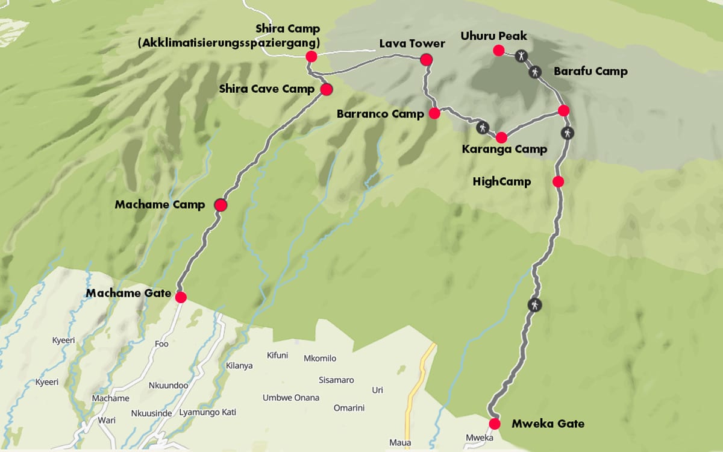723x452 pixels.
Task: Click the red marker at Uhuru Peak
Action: tap(498, 51)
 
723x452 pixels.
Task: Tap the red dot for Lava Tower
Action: tap(426, 59)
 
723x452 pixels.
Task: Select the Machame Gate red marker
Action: tap(181, 297)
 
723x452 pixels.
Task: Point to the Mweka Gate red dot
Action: tap(495, 424)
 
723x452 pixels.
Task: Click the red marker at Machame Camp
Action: tap(221, 205)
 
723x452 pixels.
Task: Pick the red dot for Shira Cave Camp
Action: tap(326, 90)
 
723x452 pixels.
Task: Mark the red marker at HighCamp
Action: tap(558, 181)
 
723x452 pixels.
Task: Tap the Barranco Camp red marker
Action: tap(434, 113)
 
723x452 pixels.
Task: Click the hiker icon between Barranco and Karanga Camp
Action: tap(483, 127)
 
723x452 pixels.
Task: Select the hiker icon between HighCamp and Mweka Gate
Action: tap(534, 304)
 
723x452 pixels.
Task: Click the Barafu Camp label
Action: tap(590, 71)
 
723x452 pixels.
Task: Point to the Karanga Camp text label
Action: tap(504, 149)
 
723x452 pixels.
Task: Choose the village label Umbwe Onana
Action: tap(291, 398)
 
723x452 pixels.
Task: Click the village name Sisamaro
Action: tap(336, 380)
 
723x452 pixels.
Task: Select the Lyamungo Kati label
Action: tap(208, 413)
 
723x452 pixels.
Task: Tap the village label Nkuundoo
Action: tap(168, 386)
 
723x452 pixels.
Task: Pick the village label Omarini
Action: tap(349, 408)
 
